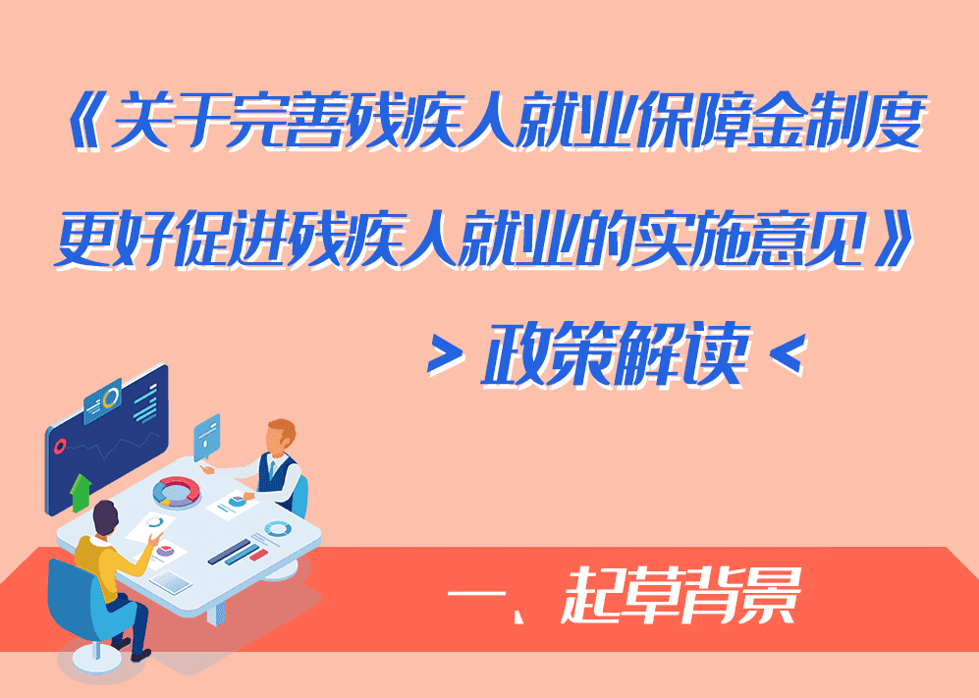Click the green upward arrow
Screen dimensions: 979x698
(80, 493)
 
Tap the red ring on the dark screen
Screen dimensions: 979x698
(61, 445)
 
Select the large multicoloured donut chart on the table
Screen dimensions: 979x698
(177, 491)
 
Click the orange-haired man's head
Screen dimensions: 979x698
(280, 435)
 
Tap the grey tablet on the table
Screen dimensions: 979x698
(171, 581)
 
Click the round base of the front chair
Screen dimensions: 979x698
(95, 660)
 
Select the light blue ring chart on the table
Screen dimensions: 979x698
(278, 529)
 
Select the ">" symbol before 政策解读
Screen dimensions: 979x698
(446, 355)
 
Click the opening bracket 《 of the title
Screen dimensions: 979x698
(87, 121)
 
